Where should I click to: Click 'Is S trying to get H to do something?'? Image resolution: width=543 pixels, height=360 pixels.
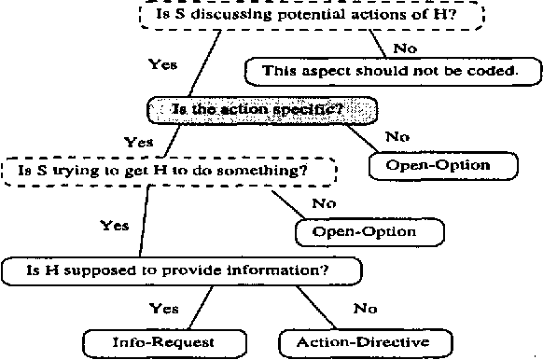coord(168,172)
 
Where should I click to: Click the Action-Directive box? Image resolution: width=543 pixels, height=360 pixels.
coord(363,342)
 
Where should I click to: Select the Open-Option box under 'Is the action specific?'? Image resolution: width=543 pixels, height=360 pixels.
coord(443,166)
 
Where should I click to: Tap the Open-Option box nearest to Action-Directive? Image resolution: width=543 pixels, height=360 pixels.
coord(369,230)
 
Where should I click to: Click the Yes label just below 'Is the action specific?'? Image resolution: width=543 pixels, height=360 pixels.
coord(138,143)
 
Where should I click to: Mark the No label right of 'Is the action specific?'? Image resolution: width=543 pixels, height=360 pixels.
coord(397,136)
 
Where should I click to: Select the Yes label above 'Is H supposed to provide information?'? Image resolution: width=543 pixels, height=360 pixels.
coord(114,226)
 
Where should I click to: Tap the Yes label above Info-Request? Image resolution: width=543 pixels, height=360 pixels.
coord(164,307)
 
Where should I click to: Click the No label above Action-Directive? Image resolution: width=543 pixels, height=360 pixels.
coord(365,307)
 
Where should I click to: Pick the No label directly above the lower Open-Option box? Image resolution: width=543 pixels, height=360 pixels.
coord(324,202)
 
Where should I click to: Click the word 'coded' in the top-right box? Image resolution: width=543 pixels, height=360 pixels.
coord(494,70)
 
